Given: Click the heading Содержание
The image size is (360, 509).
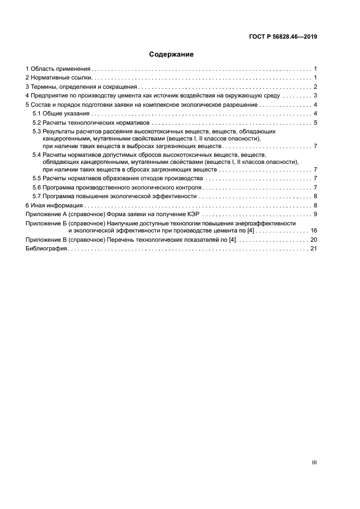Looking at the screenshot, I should [172, 54].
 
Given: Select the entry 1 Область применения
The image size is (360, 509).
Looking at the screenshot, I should [58, 69].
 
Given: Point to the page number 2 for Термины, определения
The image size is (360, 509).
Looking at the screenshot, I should [315, 87].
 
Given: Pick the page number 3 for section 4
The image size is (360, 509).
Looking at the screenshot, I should [315, 95].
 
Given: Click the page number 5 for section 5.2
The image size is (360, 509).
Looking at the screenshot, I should [315, 122].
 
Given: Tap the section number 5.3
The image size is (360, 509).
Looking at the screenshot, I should [36, 132].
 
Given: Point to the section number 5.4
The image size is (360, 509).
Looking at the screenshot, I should [36, 155].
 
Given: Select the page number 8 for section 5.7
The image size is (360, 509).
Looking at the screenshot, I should [315, 197].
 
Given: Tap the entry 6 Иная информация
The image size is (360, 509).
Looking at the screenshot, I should [54, 205].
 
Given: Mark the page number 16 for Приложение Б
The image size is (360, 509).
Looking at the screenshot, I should [314, 231].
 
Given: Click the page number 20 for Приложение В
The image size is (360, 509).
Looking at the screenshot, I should [314, 240].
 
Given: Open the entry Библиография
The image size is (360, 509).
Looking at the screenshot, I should [46, 248].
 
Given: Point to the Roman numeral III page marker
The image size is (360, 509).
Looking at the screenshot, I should [314, 462].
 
